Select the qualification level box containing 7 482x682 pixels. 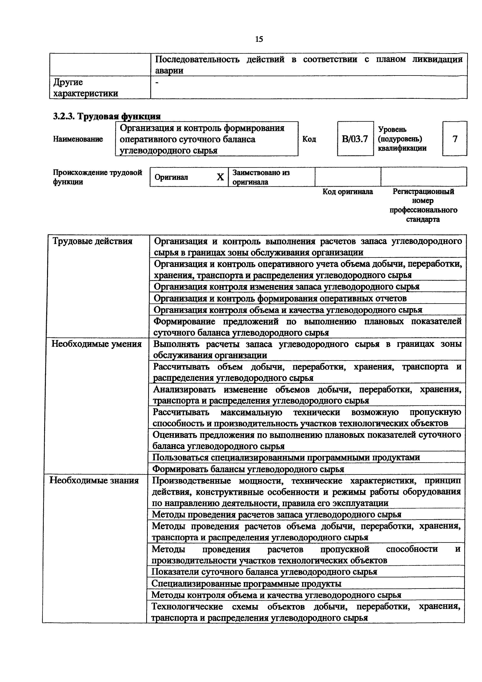pos(455,139)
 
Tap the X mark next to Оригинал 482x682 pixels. pos(220,177)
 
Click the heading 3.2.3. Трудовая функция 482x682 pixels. pos(107,116)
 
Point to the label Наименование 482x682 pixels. pos(78,139)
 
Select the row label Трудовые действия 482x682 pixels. pos(92,241)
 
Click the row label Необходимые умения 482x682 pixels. pos(96,344)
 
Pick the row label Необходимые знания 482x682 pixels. pos(94,480)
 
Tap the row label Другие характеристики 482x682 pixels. pos(85,88)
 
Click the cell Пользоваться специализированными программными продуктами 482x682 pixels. pos(286,457)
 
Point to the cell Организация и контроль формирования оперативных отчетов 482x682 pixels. pos(280,298)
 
